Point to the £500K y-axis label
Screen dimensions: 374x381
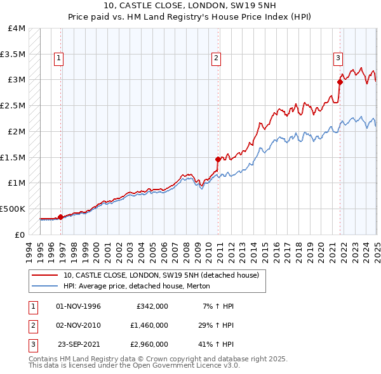(13, 208)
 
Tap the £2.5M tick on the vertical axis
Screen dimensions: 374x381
(13, 105)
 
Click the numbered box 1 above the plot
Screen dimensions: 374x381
(58, 58)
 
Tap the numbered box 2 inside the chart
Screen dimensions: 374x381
(216, 58)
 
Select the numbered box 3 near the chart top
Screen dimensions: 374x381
(338, 58)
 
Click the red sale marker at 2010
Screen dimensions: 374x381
(218, 159)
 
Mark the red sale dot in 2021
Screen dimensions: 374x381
(340, 82)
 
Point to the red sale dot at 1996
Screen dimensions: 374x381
(60, 217)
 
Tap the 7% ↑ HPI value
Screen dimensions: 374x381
(218, 306)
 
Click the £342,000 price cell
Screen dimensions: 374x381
(152, 306)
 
